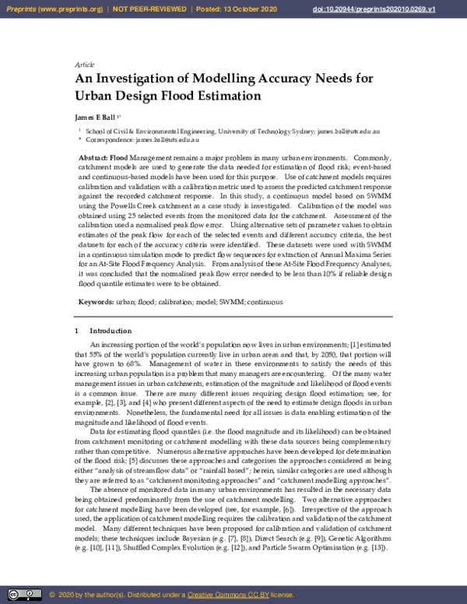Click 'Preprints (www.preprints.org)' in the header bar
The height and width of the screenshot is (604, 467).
[54, 8]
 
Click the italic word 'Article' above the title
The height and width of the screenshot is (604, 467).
[84, 65]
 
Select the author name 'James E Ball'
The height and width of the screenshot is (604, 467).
[100, 118]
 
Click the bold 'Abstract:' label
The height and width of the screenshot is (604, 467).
[93, 158]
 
